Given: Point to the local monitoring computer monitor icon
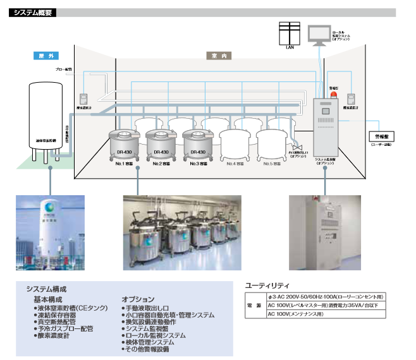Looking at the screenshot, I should point(320,34).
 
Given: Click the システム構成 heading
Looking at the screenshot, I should point(47,288).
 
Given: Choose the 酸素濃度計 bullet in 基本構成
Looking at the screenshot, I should point(54,335).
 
